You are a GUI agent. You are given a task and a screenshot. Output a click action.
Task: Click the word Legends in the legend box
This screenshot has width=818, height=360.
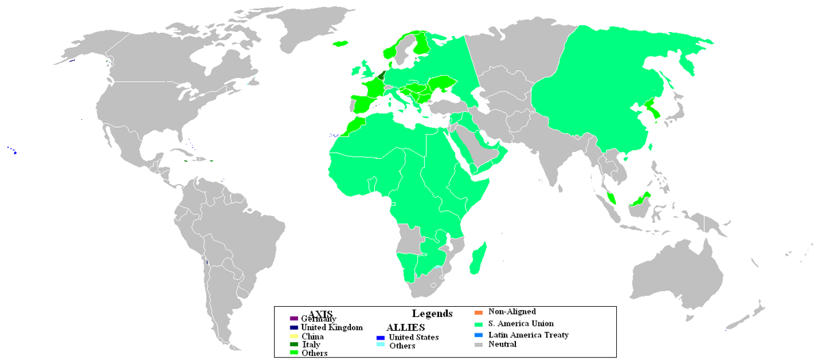(431, 314)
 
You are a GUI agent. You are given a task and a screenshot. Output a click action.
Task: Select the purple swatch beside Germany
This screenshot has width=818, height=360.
(294, 318)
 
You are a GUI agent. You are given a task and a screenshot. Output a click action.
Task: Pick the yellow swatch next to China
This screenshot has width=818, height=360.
(294, 336)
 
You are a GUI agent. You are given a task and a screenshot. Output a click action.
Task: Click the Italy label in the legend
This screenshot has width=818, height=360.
(311, 344)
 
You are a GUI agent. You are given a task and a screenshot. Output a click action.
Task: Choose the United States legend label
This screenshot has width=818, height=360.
(414, 337)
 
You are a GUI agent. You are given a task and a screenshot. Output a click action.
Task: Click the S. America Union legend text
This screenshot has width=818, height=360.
(521, 323)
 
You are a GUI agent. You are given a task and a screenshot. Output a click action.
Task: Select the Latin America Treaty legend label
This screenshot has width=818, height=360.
(528, 335)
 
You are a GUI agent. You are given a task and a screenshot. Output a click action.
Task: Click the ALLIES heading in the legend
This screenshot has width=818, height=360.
(402, 328)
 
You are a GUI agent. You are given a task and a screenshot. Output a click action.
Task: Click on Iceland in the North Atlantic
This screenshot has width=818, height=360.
(339, 44)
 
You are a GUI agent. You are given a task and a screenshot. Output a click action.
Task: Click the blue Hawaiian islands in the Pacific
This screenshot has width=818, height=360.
(13, 151)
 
